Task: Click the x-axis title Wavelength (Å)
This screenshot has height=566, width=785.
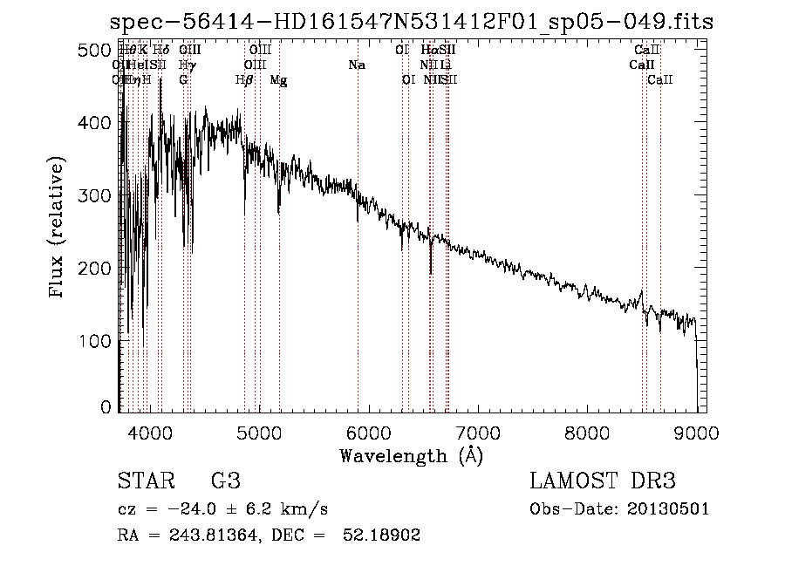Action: tap(411, 455)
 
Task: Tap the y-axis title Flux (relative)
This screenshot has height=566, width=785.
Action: tap(58, 228)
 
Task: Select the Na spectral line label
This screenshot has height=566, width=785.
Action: tap(356, 65)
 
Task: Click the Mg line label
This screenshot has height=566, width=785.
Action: tap(279, 80)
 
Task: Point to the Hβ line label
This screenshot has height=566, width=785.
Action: tap(244, 80)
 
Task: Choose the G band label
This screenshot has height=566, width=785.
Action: tap(183, 80)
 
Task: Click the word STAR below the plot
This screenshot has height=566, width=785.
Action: tap(145, 481)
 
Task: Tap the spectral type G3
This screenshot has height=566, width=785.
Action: tap(226, 481)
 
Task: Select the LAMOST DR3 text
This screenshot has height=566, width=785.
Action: tap(602, 481)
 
